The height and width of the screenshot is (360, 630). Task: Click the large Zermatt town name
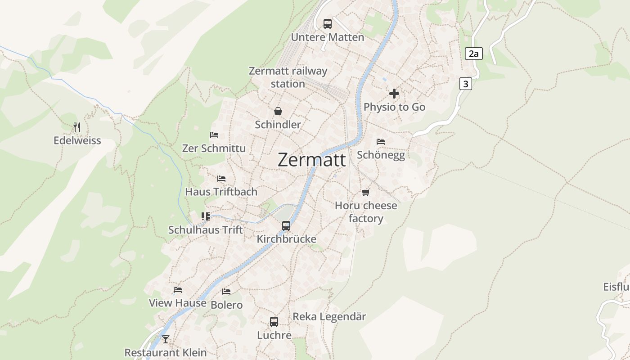pos(312,160)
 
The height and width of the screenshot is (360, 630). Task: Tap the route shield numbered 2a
pos(473,54)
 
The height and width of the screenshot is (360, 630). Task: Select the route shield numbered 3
pos(465,84)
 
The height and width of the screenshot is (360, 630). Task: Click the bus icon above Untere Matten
pos(328,24)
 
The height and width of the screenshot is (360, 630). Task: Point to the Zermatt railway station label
pos(288,77)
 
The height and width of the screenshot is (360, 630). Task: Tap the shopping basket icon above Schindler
pos(278,111)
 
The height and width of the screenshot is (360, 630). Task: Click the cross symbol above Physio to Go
pos(394,94)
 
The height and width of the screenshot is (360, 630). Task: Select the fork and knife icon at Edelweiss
pos(77,127)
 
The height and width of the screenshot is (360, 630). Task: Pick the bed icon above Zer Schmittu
pos(214,135)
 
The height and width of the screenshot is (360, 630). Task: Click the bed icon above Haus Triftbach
pos(221,179)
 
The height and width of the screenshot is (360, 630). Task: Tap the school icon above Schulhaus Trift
pos(206,216)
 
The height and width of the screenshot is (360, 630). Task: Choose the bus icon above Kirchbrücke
pos(286,226)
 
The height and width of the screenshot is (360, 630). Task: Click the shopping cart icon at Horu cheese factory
pos(366,193)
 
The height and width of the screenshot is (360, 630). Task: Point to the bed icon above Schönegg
pos(381,142)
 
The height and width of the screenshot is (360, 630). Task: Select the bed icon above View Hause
pos(178,290)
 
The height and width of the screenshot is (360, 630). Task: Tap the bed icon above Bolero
pos(226,292)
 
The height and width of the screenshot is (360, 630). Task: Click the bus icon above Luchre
pos(274,322)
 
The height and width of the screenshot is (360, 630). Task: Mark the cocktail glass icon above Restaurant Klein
pos(166,339)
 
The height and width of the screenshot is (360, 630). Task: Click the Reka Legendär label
pos(329,316)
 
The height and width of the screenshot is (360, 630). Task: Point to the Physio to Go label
pos(394,107)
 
